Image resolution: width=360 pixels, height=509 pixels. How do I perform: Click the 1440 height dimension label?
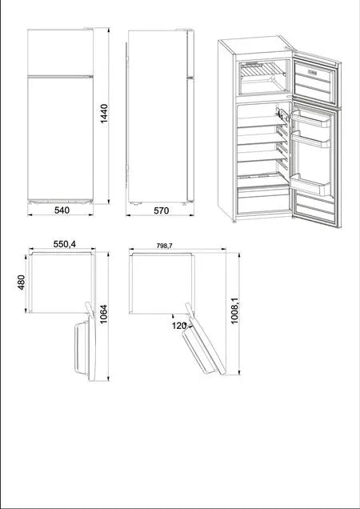(104, 120)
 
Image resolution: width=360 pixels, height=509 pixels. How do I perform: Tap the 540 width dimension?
(62, 210)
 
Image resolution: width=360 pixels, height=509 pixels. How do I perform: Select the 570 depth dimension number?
(160, 210)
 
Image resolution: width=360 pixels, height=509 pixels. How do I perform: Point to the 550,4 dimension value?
(65, 244)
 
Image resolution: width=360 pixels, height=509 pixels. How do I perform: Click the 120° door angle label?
(178, 326)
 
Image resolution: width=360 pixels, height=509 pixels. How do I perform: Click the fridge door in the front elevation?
(61, 136)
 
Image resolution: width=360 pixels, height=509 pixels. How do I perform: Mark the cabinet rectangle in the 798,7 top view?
(162, 283)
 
